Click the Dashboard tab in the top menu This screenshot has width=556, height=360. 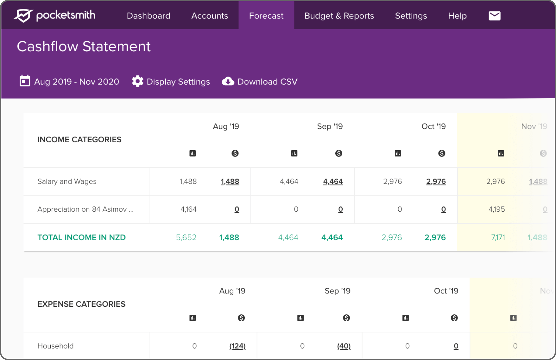coord(148,16)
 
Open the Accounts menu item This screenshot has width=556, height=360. coord(210,16)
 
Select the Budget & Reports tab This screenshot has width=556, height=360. coord(339,16)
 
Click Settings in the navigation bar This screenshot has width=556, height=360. coord(411,16)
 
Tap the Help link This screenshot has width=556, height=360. coord(457,16)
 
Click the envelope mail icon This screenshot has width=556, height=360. coord(494,16)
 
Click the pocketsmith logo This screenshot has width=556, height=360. coord(54,15)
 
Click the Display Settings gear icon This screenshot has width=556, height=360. coord(138,81)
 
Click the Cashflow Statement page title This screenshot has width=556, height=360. coord(84,47)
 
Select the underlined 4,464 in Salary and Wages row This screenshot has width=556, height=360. coord(333,182)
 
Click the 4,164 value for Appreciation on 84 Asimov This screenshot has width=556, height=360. coord(188,209)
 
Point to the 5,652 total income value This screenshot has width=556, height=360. coord(186,237)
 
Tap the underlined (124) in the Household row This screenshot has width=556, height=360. coord(237,346)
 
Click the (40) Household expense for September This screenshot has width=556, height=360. coord(344,346)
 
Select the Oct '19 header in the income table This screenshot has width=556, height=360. coord(433,126)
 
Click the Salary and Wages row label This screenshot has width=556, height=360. coord(67,182)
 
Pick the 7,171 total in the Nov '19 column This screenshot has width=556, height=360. coord(498,237)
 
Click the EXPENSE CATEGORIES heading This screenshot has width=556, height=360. coord(81,304)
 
